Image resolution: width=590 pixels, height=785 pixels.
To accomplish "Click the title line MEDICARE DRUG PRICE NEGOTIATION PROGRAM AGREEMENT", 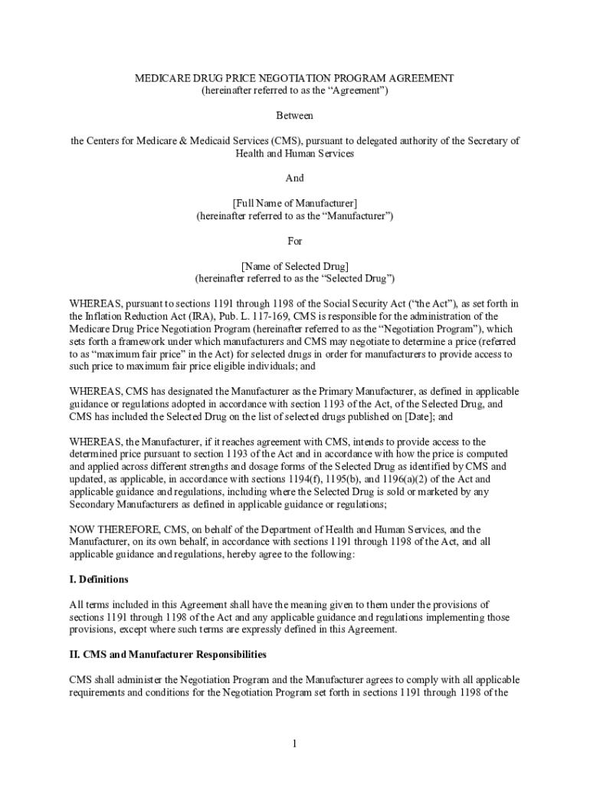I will [x=295, y=79].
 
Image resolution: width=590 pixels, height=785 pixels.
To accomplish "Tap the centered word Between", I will [x=295, y=116].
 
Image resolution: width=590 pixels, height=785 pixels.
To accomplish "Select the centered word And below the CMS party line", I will [x=295, y=178].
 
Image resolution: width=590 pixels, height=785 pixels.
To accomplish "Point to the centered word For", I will [x=295, y=241].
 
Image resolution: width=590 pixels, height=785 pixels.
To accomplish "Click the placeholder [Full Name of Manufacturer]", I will [x=295, y=203].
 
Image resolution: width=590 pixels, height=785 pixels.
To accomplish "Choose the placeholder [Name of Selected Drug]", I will [x=295, y=266].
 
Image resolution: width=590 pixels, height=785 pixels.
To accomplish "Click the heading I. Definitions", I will [x=99, y=580].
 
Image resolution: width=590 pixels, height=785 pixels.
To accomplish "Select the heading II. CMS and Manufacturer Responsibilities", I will [x=168, y=655].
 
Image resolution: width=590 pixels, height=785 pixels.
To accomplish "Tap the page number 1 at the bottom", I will [x=295, y=744].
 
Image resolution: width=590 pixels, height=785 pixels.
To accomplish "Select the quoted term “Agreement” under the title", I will [x=356, y=91].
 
